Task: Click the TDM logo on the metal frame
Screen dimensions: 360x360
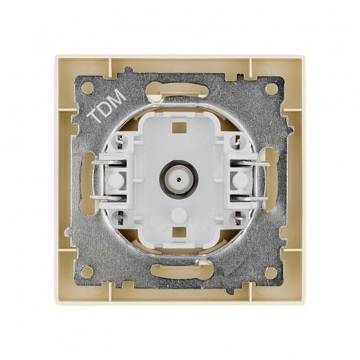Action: tap(107, 105)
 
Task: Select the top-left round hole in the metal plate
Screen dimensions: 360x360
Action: tap(88, 88)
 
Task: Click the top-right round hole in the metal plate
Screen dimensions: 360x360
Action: tap(272, 88)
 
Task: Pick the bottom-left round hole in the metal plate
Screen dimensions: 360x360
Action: tap(87, 272)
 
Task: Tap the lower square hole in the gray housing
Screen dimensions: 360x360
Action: tap(179, 233)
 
